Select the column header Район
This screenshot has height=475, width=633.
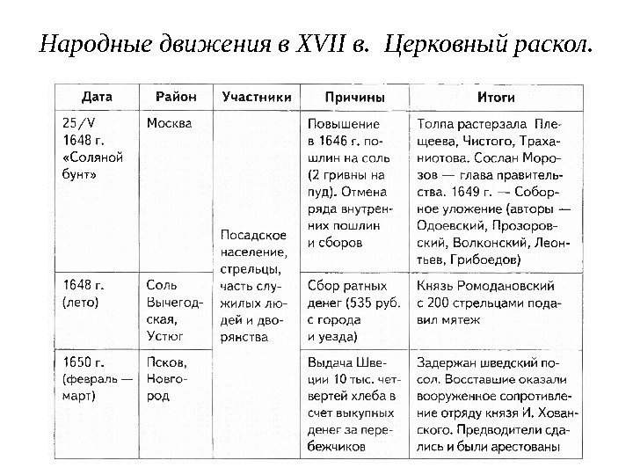tap(176, 95)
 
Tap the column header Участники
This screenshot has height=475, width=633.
tap(256, 95)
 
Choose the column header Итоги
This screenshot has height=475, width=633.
tap(495, 95)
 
